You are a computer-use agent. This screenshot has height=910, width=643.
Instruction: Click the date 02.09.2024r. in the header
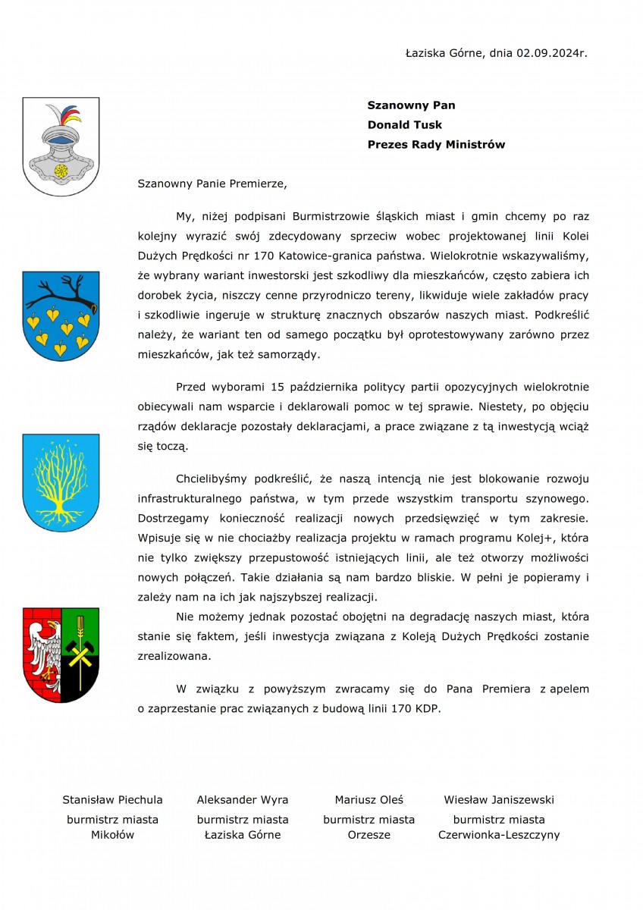coord(552,53)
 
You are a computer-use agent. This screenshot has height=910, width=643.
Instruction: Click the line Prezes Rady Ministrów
coord(436,144)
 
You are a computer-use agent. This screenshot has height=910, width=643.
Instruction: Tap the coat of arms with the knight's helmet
coord(61,146)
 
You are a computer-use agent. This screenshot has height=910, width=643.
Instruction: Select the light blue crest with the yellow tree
coord(61,482)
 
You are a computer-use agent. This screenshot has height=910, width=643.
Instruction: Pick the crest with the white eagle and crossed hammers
coord(61,654)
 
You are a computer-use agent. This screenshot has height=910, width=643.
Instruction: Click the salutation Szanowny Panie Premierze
coord(213,183)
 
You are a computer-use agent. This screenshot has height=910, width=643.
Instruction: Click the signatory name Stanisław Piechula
coord(112,799)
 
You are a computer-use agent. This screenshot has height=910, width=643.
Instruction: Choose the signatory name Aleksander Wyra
coord(243,799)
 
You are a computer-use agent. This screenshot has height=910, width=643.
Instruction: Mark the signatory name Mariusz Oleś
coord(369,799)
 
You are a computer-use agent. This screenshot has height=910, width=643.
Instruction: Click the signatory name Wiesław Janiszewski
coord(499,799)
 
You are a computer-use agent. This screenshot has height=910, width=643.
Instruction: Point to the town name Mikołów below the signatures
coord(112,835)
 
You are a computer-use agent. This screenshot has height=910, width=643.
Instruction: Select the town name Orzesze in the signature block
coord(369,835)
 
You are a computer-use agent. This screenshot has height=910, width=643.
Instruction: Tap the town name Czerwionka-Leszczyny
coord(499,835)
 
